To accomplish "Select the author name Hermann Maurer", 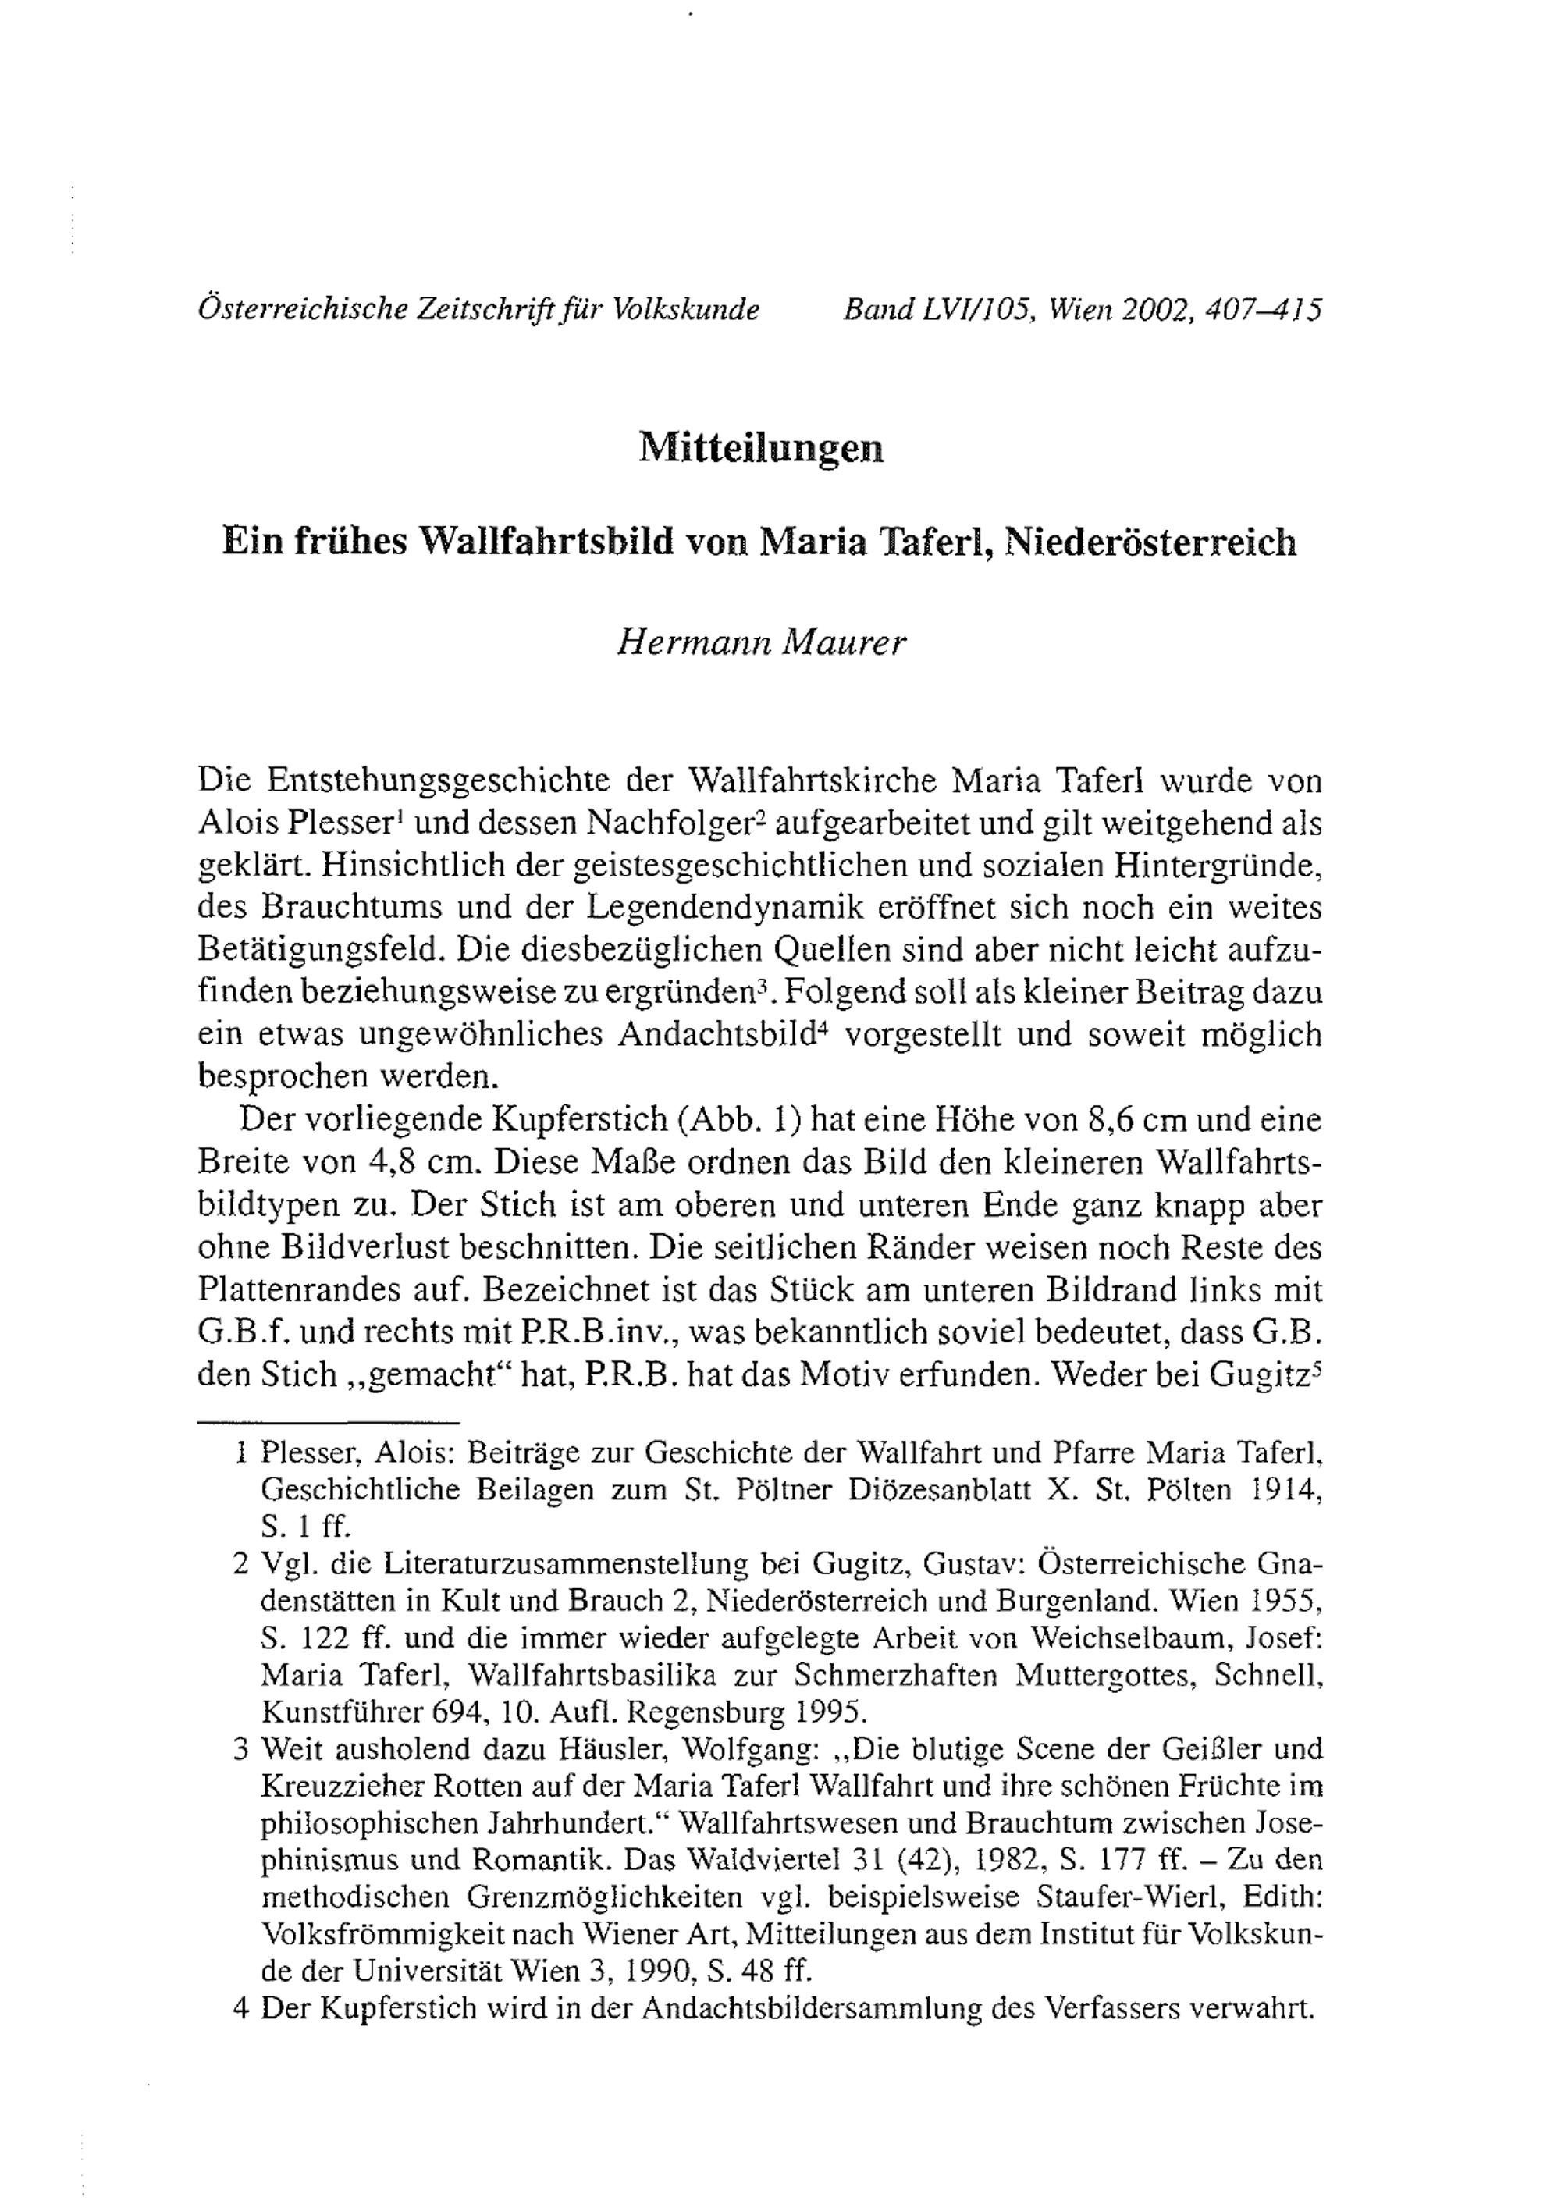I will click(761, 642).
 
